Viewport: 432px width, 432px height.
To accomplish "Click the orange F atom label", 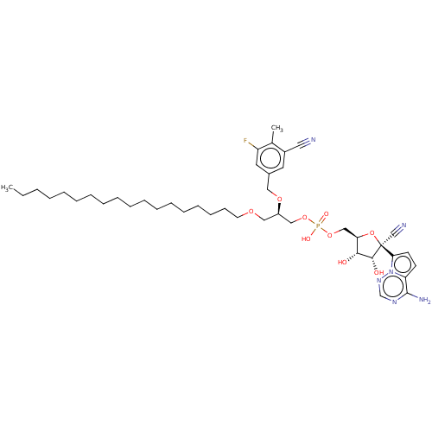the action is click(x=245, y=140).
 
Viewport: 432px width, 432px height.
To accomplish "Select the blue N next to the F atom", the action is click(x=312, y=139).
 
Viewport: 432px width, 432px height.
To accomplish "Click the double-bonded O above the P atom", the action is click(x=326, y=213).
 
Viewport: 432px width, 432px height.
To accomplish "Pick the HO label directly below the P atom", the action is click(x=307, y=238).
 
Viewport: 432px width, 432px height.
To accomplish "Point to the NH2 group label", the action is click(x=424, y=300).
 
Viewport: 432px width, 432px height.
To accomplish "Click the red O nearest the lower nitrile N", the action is click(x=371, y=233).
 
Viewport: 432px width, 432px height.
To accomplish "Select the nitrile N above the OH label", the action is click(x=403, y=227).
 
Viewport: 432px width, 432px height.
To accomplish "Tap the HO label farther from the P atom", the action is click(x=342, y=262).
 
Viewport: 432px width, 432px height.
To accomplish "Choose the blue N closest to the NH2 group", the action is click(x=393, y=302).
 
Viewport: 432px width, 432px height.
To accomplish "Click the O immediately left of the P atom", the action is click(x=305, y=219).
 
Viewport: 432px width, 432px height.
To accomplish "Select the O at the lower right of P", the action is click(x=329, y=235).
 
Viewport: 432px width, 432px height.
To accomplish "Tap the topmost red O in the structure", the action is click(x=279, y=199).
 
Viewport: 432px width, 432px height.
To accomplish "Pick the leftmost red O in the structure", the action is click(x=251, y=212).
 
